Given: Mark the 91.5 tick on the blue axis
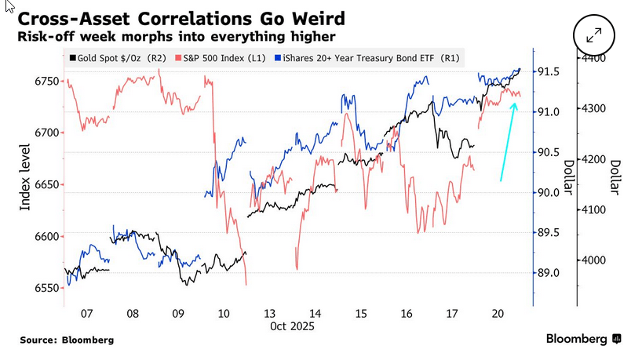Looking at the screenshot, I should [549, 71].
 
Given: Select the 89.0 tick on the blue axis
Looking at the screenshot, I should [549, 273].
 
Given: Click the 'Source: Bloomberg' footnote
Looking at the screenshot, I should [67, 340].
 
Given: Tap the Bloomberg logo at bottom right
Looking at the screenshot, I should [584, 339].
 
